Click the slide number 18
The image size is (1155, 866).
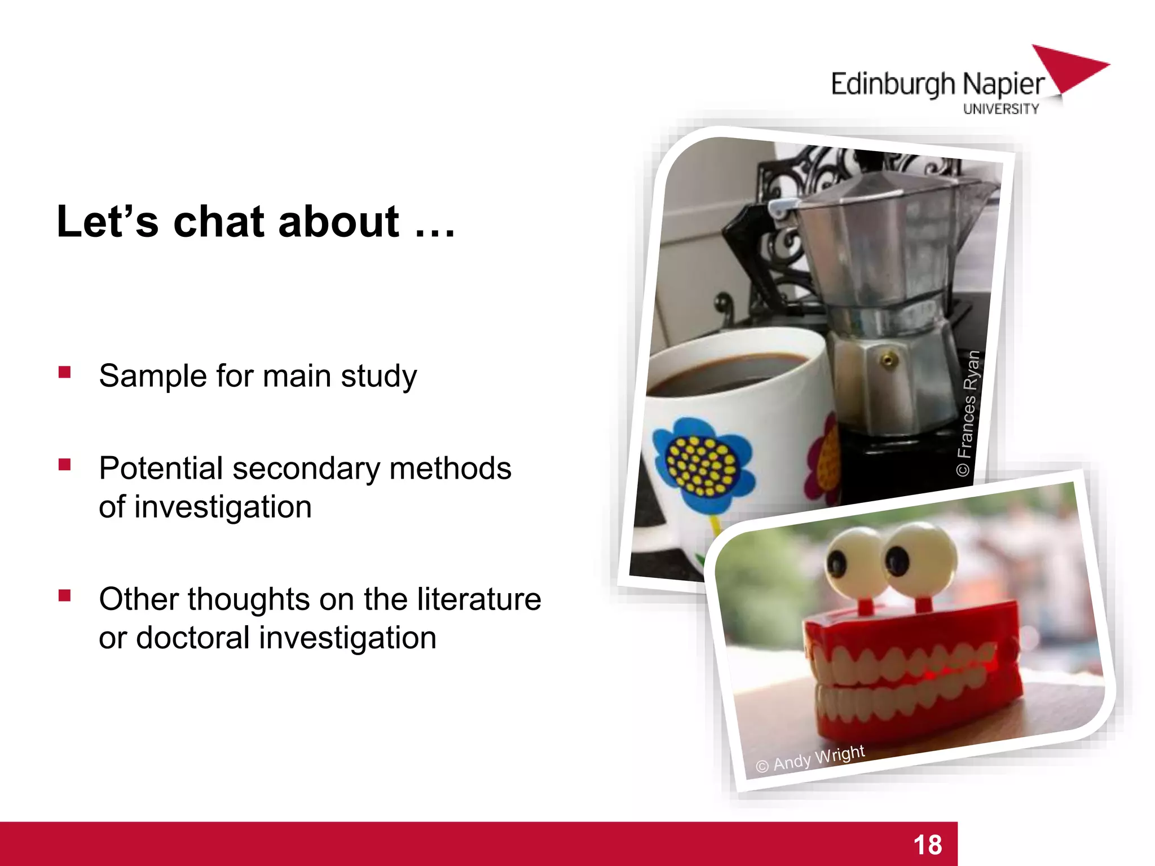tap(928, 845)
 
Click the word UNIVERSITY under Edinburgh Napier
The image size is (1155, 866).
tap(1000, 109)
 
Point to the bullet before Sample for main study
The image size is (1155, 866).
tap(64, 372)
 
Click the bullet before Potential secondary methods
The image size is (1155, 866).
tap(64, 465)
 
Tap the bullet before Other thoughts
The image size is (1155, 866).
tap(64, 595)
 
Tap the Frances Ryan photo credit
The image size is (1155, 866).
tap(968, 413)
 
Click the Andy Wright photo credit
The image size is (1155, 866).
tap(810, 758)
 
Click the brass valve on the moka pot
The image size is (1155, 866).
tap(888, 360)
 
